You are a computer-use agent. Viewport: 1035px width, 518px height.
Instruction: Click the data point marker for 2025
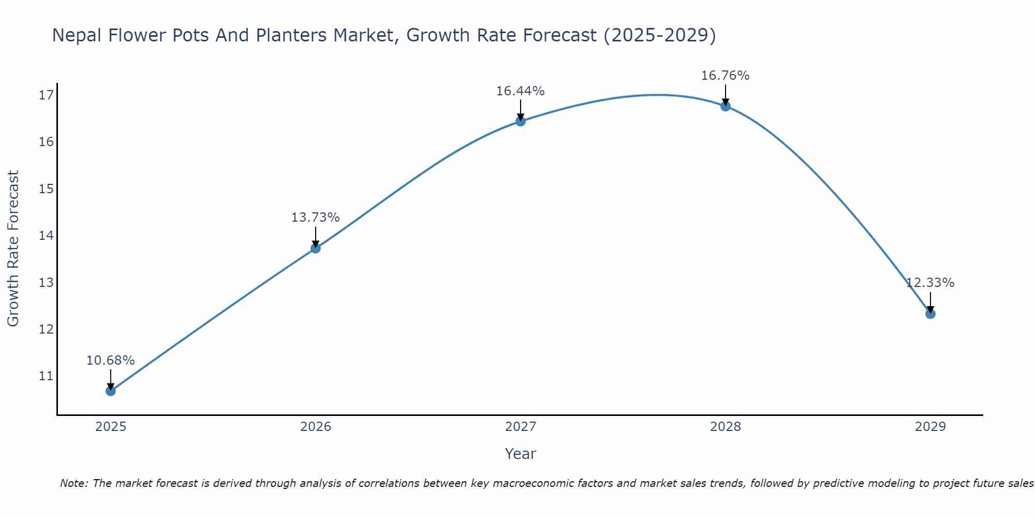(111, 391)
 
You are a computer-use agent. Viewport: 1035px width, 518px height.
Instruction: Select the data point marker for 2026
(316, 248)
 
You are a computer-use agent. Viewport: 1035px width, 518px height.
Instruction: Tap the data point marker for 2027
(521, 121)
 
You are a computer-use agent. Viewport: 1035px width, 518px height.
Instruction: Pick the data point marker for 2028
(726, 106)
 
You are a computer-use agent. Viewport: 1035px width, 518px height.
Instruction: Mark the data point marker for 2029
(930, 313)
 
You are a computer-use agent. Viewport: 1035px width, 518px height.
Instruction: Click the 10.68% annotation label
(110, 361)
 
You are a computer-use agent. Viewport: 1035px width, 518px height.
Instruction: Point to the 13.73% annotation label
(315, 218)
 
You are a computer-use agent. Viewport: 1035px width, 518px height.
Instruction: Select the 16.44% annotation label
(520, 91)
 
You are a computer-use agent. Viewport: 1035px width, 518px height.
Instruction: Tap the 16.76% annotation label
(725, 76)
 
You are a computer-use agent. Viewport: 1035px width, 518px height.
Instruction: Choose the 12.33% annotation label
(930, 283)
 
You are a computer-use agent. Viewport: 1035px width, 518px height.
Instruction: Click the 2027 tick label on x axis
(521, 427)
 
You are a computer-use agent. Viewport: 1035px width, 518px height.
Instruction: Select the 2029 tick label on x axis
(930, 427)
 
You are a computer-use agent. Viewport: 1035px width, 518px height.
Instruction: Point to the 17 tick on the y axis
(46, 95)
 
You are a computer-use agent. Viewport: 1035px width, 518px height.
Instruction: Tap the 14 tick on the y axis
(46, 236)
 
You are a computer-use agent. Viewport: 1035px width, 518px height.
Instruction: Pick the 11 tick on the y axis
(46, 376)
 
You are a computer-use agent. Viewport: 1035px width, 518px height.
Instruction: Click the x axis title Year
(520, 454)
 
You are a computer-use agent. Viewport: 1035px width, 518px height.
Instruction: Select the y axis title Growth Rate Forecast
(13, 249)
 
